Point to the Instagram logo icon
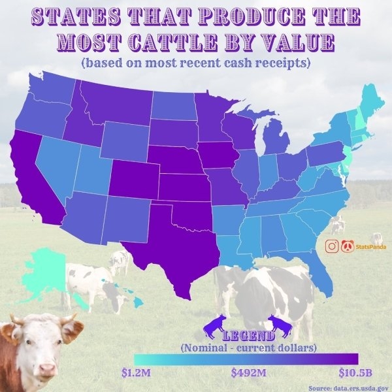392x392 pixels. coord(333,246)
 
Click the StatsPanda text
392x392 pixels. coord(370,247)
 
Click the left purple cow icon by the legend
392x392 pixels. coord(215,325)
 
